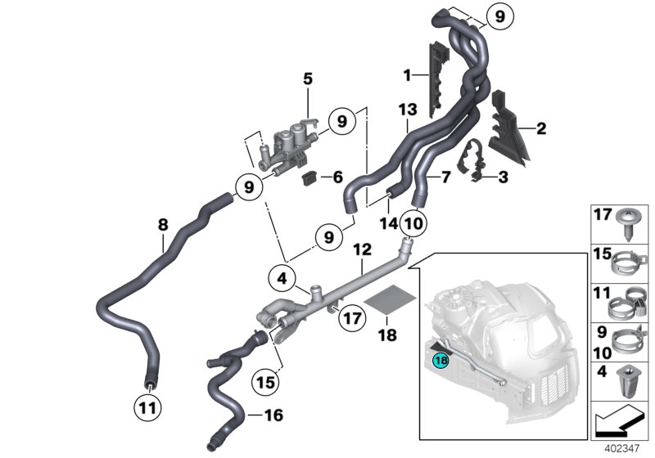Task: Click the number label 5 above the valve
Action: pos(308,79)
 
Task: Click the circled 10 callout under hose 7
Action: pos(413,222)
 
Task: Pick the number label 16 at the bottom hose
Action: pos(274,416)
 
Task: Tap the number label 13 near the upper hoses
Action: pos(408,110)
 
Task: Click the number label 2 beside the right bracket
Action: pos(540,128)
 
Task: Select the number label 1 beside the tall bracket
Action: pos(406,75)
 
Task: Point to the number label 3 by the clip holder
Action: pos(503,177)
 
